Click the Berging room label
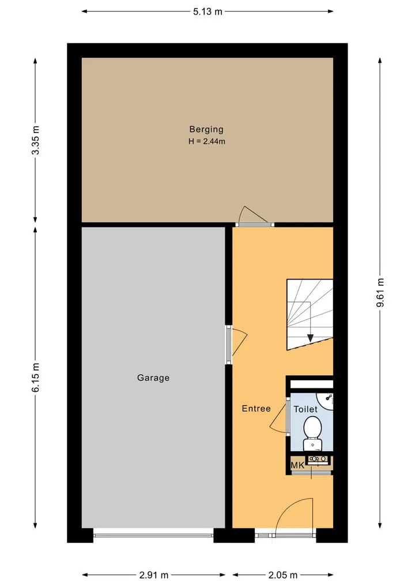[206, 129]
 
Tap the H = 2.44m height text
[207, 141]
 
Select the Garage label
[153, 378]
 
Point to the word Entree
[256, 409]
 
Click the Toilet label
[305, 409]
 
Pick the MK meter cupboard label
[297, 466]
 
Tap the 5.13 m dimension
[207, 12]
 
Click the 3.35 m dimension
[36, 140]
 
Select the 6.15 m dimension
[36, 377]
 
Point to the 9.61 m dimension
[380, 293]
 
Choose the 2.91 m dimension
[154, 575]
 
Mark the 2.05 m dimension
[283, 575]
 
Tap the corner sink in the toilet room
[326, 400]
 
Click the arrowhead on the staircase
[310, 338]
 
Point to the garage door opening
[153, 535]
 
